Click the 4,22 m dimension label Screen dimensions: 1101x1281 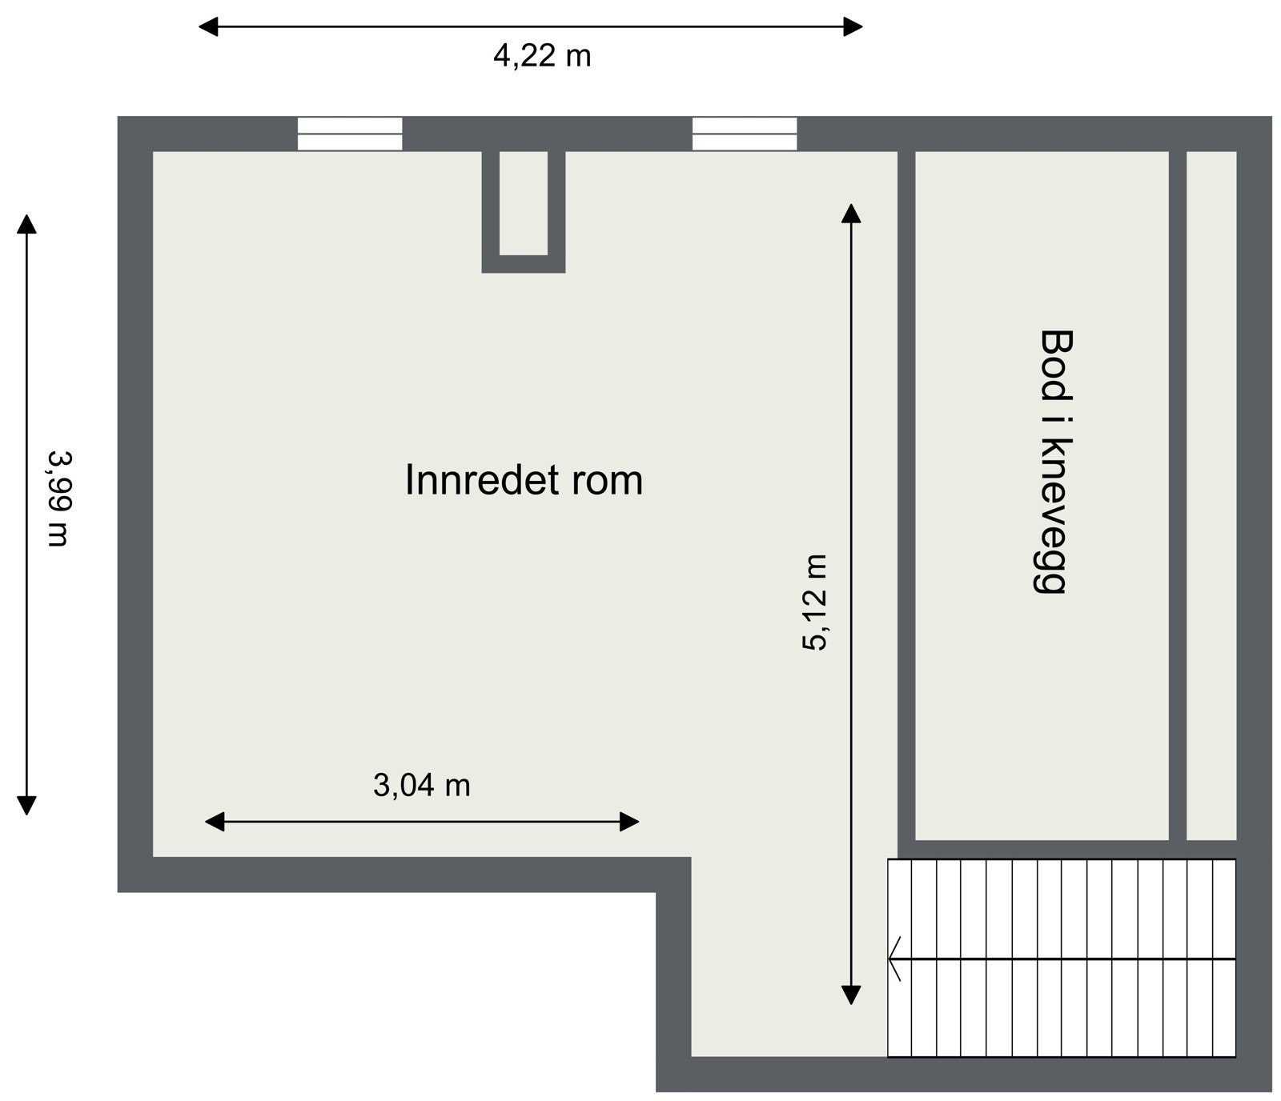(542, 56)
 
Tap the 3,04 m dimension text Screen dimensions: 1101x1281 (422, 786)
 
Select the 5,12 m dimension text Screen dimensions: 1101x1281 (815, 602)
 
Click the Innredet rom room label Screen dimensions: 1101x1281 (524, 480)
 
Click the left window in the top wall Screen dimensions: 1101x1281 (350, 134)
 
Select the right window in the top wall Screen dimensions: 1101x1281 (745, 134)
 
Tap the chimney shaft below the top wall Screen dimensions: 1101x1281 (524, 204)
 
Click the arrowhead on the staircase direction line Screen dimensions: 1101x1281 (894, 959)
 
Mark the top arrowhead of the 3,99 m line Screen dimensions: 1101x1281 (27, 224)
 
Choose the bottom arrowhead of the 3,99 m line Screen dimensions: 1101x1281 (27, 805)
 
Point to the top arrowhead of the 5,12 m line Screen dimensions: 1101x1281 (850, 213)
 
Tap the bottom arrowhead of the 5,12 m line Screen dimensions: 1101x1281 (850, 995)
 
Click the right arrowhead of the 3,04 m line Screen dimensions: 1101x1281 (630, 822)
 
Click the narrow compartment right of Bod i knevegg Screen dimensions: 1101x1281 (1211, 495)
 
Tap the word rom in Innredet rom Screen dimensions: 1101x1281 (608, 480)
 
